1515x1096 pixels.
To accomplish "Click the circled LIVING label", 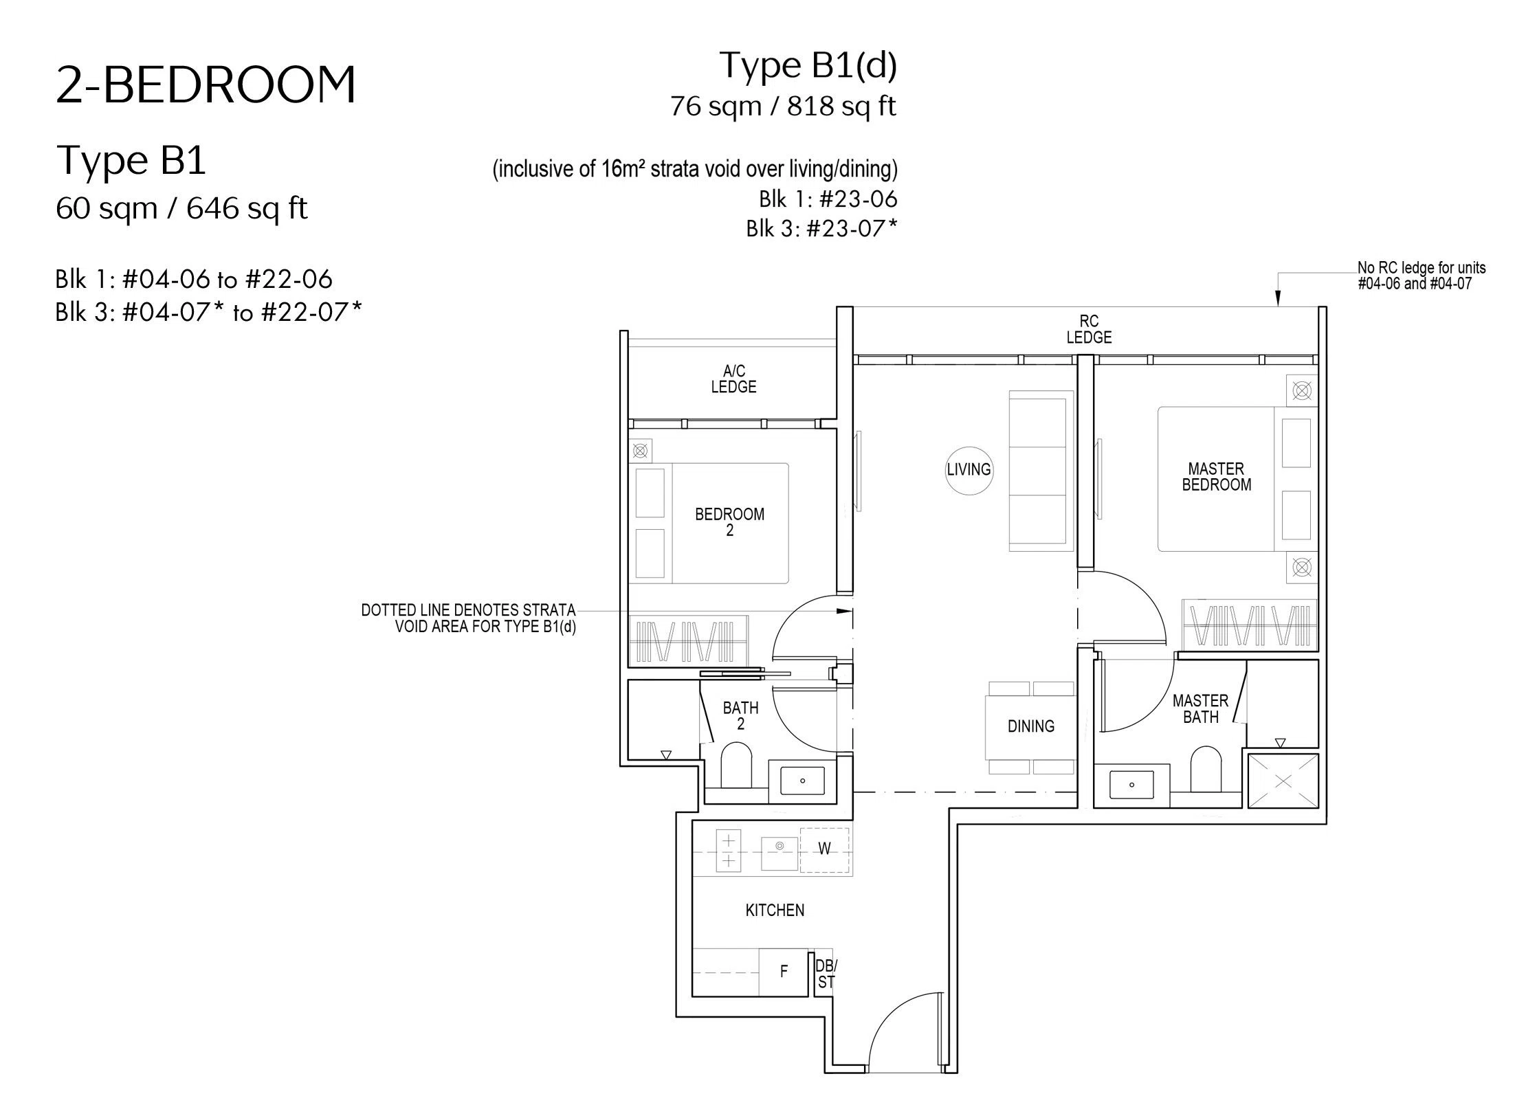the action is (969, 470).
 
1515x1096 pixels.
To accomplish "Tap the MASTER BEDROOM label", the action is (1216, 477).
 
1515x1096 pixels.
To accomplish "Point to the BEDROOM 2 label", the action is (729, 522).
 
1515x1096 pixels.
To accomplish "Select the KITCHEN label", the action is (775, 910).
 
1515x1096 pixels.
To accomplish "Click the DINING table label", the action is (1030, 726).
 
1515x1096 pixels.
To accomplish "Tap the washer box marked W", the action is (824, 850).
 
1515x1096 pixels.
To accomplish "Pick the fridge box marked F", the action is (784, 972).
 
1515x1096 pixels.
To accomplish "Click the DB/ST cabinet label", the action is (825, 974).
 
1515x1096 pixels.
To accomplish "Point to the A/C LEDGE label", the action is (733, 379).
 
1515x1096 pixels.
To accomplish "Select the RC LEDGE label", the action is (1089, 329).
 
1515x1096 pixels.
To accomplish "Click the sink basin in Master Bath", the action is (1131, 784).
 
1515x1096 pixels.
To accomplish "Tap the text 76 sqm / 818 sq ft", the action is (783, 107).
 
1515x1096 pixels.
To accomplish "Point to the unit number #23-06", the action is (858, 199).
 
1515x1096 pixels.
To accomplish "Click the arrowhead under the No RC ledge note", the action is (1278, 298).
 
